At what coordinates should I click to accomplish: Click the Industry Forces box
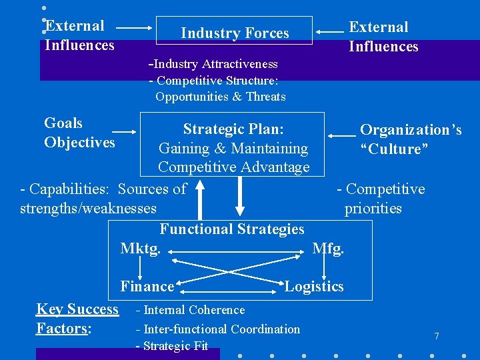tap(234, 31)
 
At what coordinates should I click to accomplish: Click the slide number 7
tap(437, 336)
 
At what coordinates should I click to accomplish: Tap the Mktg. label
tap(140, 249)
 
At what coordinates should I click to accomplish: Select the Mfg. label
tap(328, 249)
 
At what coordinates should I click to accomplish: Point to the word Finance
tap(147, 287)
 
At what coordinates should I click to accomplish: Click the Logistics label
tap(314, 287)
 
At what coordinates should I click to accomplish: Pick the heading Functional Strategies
tap(232, 229)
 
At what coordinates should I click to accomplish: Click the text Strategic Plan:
tap(233, 129)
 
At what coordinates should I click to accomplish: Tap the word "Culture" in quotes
tap(393, 149)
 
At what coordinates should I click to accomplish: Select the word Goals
tap(63, 123)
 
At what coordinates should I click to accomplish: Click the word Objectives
tap(79, 143)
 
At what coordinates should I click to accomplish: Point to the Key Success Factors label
tap(77, 319)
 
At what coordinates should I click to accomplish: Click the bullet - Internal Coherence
tap(190, 310)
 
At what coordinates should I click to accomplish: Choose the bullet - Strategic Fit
tap(172, 346)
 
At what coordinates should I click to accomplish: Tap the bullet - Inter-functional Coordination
tap(217, 329)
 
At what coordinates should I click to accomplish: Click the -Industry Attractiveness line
tap(213, 64)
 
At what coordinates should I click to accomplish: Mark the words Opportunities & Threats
tap(220, 97)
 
